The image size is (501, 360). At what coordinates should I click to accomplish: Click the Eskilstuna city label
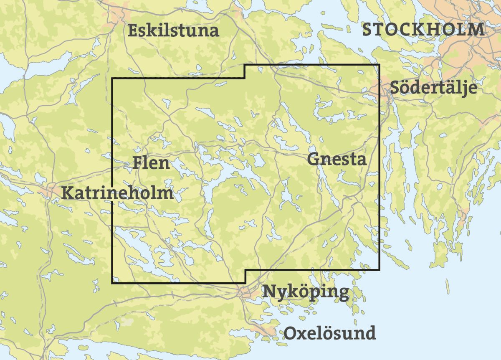pyautogui.click(x=173, y=31)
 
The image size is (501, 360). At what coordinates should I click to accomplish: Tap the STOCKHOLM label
pyautogui.click(x=423, y=30)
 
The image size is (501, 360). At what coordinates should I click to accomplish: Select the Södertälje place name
pyautogui.click(x=433, y=88)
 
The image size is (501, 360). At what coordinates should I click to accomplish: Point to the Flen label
pyautogui.click(x=151, y=162)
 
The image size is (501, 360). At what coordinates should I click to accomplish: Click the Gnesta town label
pyautogui.click(x=337, y=159)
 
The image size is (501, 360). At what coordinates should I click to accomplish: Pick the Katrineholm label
pyautogui.click(x=117, y=193)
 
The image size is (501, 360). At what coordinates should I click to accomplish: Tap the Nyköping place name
pyautogui.click(x=305, y=292)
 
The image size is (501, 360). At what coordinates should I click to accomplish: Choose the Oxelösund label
pyautogui.click(x=330, y=333)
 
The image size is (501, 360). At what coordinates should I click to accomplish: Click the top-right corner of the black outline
pyautogui.click(x=379, y=65)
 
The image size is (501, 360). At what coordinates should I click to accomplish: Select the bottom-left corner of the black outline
pyautogui.click(x=112, y=283)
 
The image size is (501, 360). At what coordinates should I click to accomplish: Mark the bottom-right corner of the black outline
pyautogui.click(x=379, y=269)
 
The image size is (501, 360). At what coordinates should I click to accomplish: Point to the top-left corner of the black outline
pyautogui.click(x=112, y=78)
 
